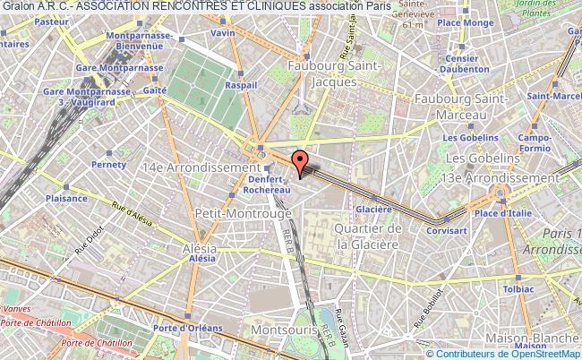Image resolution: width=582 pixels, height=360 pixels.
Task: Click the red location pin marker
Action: [302, 159]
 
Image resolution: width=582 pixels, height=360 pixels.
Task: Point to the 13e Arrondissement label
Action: [509, 176]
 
